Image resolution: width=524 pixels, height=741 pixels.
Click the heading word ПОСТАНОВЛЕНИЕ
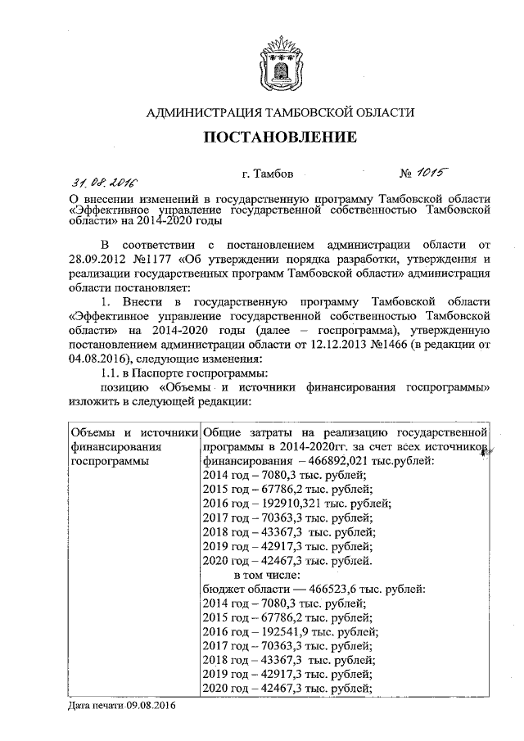[280, 137]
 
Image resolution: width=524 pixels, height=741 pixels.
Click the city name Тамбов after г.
[280, 174]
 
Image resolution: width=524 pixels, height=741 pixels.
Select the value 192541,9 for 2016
[283, 631]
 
